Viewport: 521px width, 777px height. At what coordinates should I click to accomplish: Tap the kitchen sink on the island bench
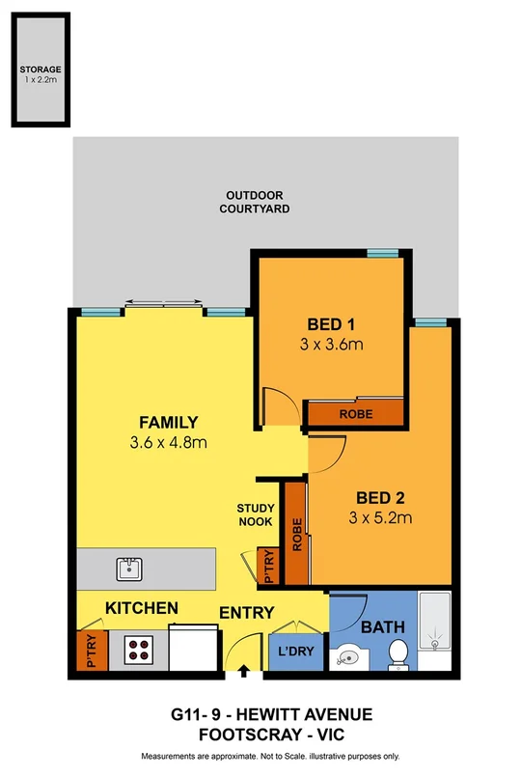pos(127,568)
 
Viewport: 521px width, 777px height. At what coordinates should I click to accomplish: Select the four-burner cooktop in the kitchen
pos(139,649)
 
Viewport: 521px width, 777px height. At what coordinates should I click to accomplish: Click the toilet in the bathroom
pos(397,657)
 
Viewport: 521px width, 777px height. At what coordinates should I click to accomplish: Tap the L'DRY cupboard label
pos(295,652)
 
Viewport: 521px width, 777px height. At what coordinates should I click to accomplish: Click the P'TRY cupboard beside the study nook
pos(268,568)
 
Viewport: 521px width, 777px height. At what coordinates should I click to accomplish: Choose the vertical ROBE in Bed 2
pos(297,534)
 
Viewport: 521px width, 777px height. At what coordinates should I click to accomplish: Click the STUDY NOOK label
pos(256,514)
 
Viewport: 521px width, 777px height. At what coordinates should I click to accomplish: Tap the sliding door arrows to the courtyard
pos(162,303)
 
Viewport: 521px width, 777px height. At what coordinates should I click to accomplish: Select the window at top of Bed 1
pos(383,253)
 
